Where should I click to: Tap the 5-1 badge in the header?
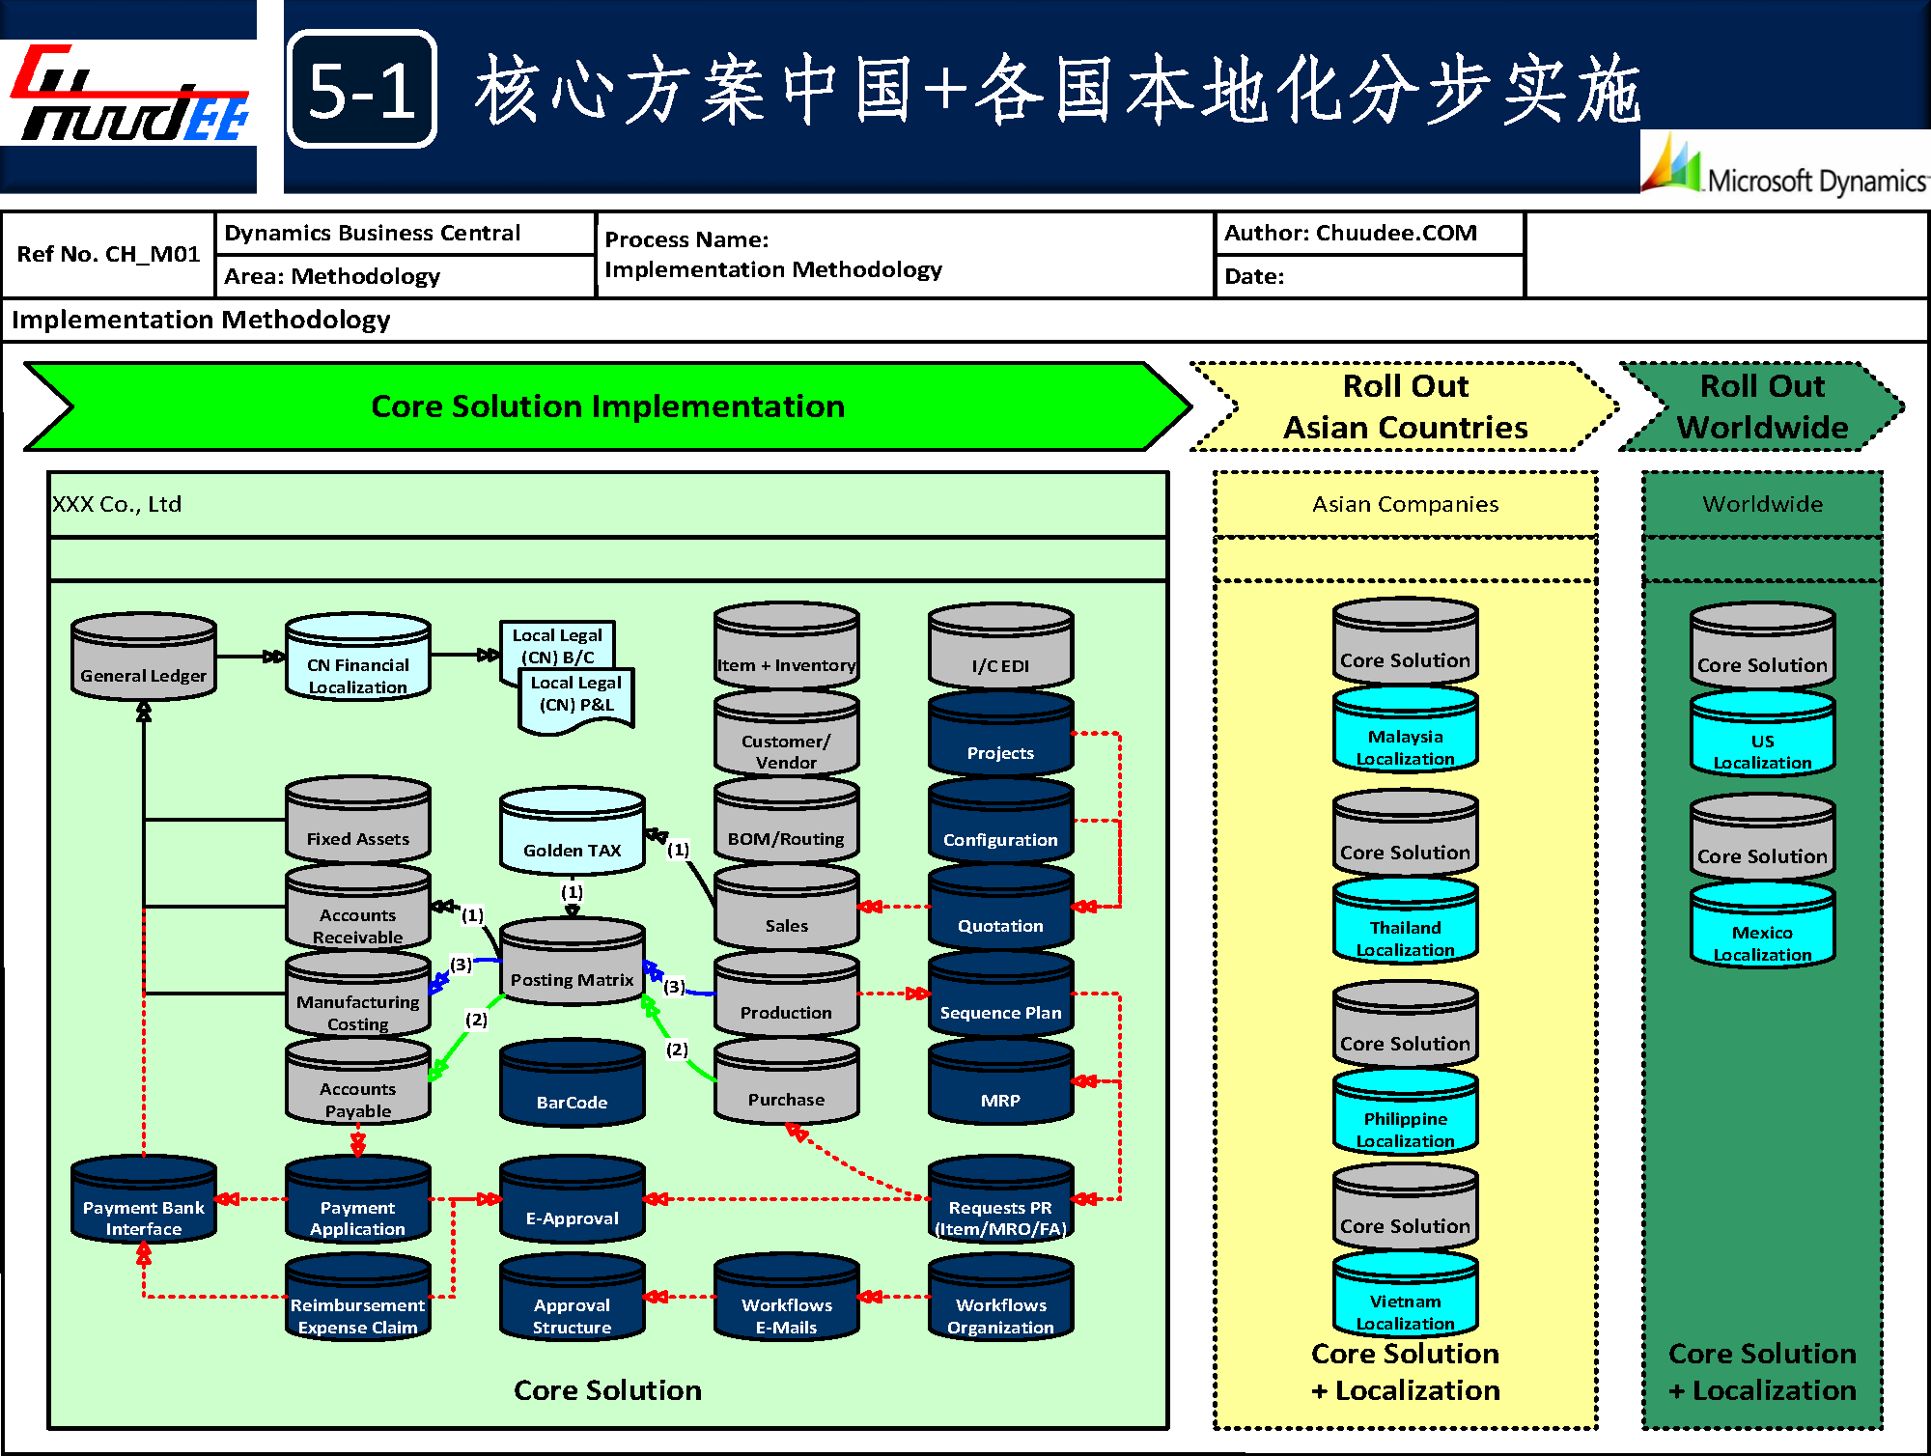362,90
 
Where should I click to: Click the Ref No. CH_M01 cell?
108,254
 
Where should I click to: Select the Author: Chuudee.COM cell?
1369,234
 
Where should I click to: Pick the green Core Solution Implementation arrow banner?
607,406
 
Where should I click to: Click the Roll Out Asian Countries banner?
1405,406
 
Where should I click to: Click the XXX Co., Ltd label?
117,504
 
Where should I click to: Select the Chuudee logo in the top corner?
129,97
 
